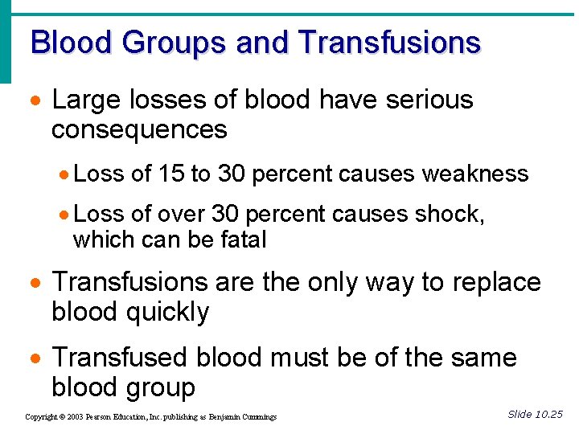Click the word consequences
coord(139,129)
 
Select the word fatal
coord(240,239)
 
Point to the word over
coord(181,214)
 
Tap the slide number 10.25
coord(548,415)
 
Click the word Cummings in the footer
coord(257,417)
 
